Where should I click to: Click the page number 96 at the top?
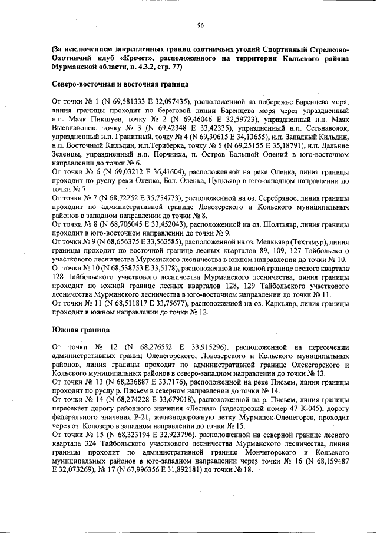point(200,25)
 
